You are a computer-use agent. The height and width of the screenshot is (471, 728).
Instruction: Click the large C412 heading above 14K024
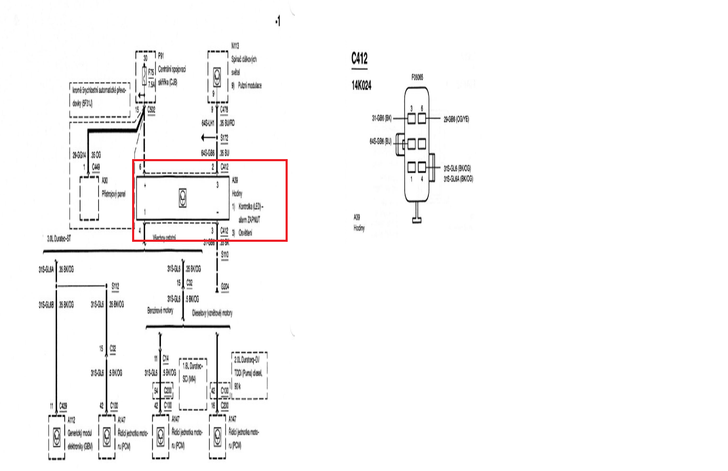[x=359, y=58]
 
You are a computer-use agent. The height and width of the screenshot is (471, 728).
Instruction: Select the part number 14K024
[x=361, y=86]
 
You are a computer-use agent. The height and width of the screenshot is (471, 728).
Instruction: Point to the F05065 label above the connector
[x=417, y=77]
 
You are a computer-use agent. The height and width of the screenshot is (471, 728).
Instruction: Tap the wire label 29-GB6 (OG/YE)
[x=456, y=120]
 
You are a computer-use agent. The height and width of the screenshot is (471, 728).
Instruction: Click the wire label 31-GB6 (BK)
[x=382, y=119]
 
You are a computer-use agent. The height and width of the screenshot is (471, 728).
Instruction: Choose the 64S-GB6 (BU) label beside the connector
[x=380, y=142]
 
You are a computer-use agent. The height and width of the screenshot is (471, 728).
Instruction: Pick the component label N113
[x=235, y=46]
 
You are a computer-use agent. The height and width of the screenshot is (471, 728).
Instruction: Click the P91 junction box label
[x=161, y=55]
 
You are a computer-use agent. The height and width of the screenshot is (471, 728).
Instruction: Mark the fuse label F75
[x=151, y=72]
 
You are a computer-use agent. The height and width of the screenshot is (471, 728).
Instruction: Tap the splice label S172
[x=224, y=138]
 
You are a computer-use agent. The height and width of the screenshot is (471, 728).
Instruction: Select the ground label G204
[x=225, y=287]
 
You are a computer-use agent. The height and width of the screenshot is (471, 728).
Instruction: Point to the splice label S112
[x=115, y=286]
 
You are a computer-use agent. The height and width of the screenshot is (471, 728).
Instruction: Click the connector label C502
[x=151, y=110]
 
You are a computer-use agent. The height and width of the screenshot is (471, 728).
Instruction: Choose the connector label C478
[x=224, y=110]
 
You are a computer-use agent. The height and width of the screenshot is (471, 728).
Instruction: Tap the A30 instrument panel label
[x=105, y=181]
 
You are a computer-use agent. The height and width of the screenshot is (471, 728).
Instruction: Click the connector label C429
[x=63, y=406]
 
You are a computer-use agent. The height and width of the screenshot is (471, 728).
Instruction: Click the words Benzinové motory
[x=160, y=311]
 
